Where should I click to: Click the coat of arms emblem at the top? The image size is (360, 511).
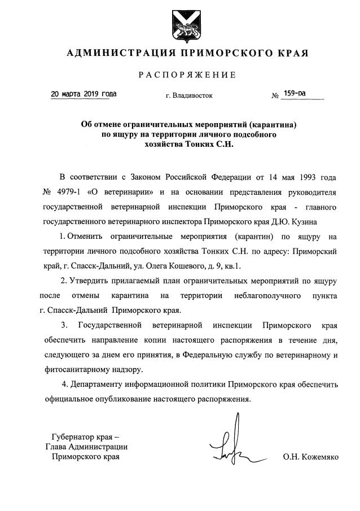tap(180, 25)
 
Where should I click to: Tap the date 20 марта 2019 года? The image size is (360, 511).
tap(84, 94)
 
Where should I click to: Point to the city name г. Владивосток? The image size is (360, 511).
tap(189, 95)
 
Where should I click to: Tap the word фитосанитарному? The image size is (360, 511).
tap(77, 370)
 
